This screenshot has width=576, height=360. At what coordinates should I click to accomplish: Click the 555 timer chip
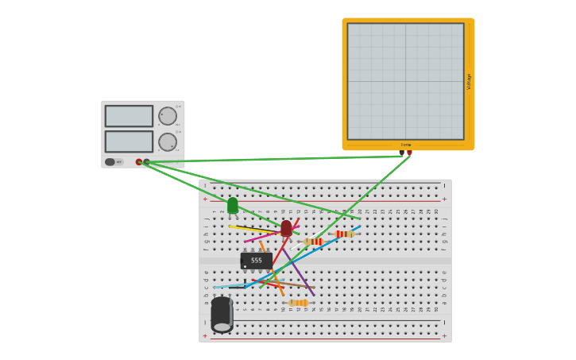point(256,261)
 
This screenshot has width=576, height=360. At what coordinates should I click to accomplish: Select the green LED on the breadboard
point(233,206)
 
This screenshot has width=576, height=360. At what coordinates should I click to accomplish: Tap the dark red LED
point(286,228)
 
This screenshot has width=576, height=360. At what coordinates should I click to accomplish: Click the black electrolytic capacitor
point(222,314)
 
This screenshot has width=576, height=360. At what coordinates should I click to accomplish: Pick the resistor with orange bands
point(299,303)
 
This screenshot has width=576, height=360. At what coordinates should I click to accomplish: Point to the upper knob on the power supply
point(168,116)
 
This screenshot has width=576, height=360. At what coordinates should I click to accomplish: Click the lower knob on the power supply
point(168,141)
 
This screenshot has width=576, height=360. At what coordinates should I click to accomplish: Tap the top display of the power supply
point(129,116)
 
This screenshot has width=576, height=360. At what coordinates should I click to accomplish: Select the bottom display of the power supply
point(129,141)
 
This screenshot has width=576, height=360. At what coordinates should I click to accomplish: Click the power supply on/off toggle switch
point(110,162)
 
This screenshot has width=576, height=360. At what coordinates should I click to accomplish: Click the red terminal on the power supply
point(139,162)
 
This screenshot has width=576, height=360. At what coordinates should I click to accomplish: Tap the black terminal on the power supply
point(146,162)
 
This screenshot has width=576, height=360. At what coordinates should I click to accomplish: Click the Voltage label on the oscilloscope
point(469,81)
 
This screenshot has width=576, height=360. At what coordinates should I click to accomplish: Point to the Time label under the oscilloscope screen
point(405,145)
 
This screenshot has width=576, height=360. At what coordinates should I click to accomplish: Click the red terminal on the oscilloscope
point(409,153)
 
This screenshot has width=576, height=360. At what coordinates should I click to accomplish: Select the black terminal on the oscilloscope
point(402,153)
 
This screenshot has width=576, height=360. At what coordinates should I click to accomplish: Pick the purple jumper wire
point(303,277)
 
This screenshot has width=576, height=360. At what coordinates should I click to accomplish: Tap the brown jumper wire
point(294,285)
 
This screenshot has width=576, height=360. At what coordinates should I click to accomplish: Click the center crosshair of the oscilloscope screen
point(405,81)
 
